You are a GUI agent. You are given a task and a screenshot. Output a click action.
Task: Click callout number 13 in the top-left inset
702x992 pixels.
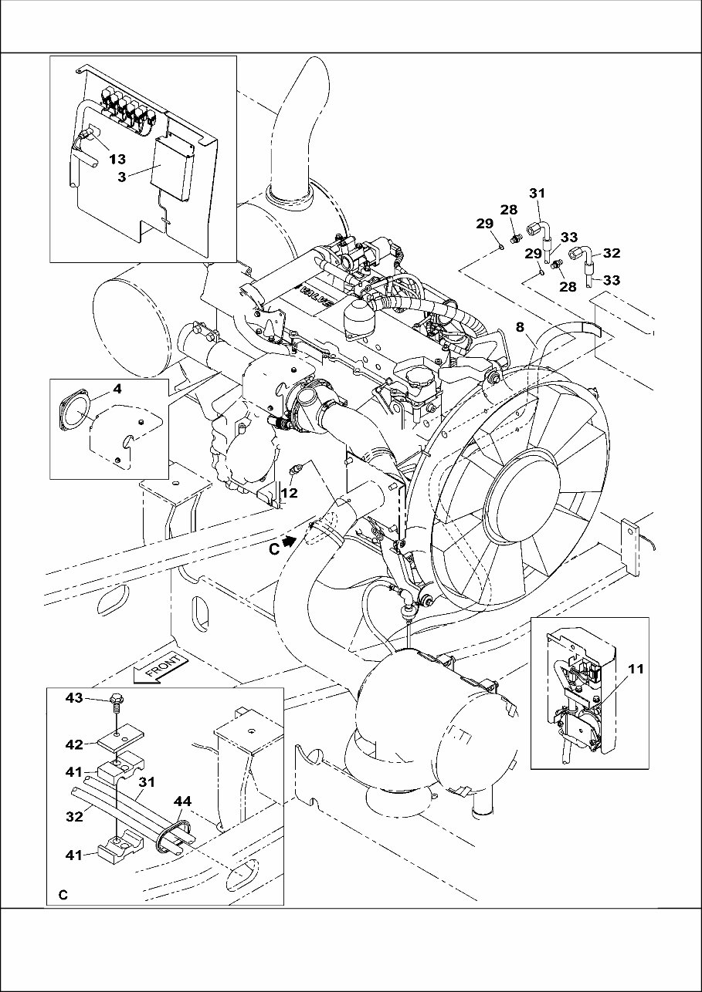[117, 160]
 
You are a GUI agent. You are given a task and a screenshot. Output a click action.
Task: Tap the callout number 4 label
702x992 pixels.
[117, 390]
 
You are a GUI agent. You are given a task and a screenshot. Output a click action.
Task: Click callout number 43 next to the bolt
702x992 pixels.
[73, 699]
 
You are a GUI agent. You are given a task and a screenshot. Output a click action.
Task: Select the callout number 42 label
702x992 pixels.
[73, 745]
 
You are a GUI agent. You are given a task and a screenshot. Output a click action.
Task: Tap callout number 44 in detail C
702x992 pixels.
[181, 803]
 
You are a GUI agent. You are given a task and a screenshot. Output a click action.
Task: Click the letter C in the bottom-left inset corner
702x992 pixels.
[63, 896]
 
